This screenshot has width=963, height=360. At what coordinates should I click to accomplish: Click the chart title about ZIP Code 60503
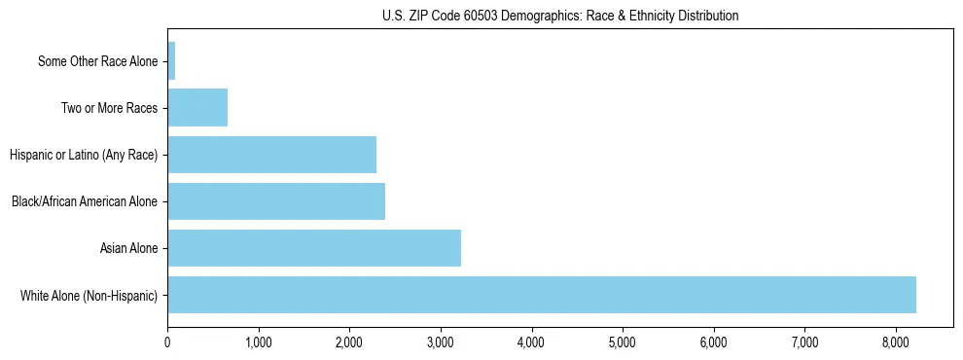[x=559, y=16]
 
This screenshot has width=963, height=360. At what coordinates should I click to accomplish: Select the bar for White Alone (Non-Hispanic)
[x=542, y=295]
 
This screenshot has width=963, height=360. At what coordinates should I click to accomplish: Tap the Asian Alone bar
[x=314, y=248]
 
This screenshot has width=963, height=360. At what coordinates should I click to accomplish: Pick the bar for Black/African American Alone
[x=276, y=201]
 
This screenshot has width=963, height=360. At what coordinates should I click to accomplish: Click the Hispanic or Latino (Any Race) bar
[x=272, y=155]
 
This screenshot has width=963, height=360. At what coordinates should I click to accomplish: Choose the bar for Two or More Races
[x=197, y=108]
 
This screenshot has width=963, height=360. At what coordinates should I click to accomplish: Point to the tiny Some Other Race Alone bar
[x=171, y=61]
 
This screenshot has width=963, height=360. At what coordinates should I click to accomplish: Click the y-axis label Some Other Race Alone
[x=97, y=61]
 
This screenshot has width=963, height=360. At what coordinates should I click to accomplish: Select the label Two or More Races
[x=109, y=108]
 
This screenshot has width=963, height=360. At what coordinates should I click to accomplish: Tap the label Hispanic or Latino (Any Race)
[x=83, y=155]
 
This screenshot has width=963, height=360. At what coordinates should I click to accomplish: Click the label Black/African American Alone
[x=85, y=201]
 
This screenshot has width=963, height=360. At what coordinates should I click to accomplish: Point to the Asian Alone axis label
[x=128, y=248]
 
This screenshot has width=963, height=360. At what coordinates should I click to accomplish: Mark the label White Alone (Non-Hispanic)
[x=89, y=295]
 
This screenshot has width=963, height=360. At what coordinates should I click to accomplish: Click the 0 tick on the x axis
[x=168, y=342]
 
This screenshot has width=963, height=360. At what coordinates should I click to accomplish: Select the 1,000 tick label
[x=259, y=342]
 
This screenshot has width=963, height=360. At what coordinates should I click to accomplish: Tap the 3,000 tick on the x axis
[x=441, y=342]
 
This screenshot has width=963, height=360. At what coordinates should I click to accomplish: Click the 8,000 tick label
[x=896, y=342]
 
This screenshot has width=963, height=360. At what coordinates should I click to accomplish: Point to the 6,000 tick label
[x=714, y=342]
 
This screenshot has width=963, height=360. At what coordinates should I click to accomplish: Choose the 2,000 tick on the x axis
[x=350, y=342]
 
